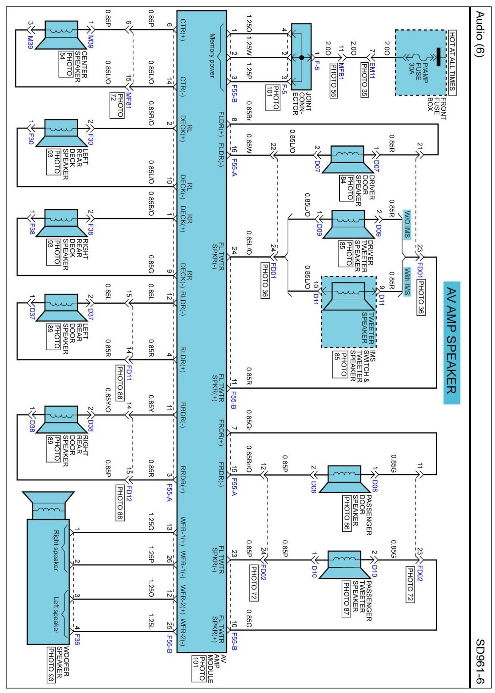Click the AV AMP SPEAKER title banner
452,343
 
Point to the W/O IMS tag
407,224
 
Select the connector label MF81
129,101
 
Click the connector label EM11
373,71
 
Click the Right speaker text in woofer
56,550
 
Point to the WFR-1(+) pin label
183,531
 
